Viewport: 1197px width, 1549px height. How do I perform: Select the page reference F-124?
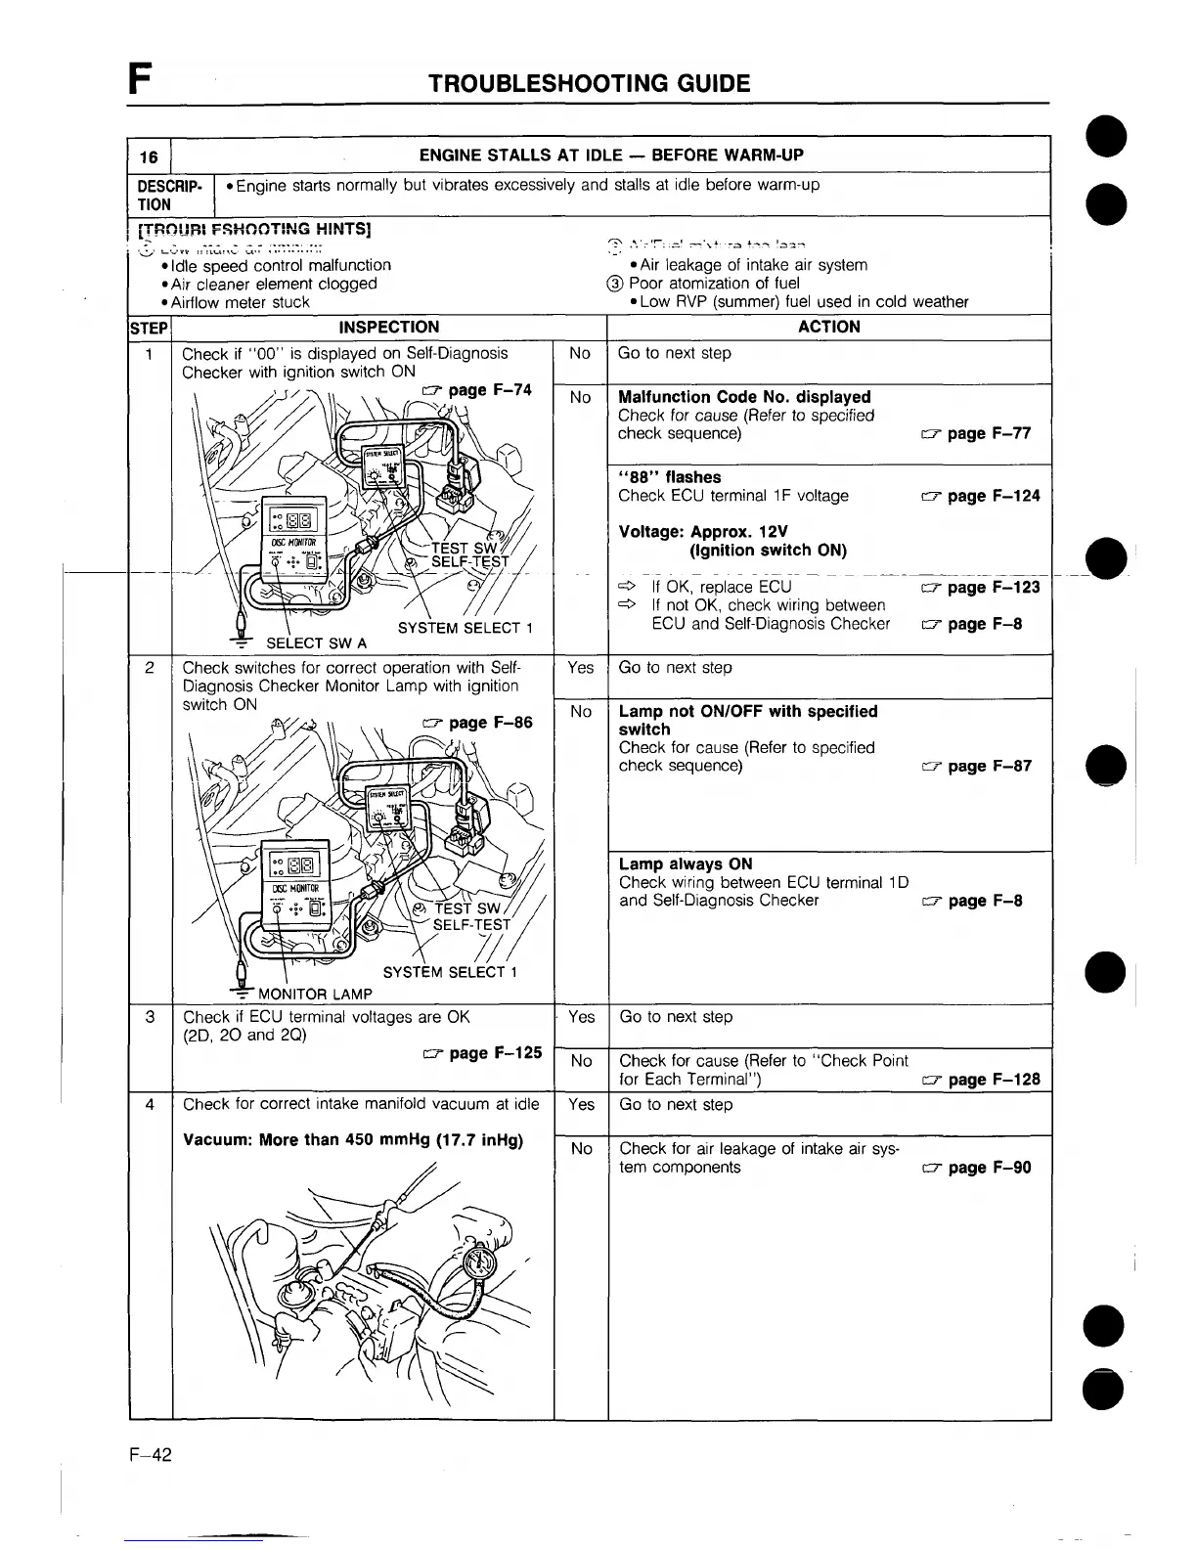point(981,496)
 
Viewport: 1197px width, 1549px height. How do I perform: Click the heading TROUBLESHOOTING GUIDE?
point(589,83)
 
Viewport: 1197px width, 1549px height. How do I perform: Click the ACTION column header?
point(828,327)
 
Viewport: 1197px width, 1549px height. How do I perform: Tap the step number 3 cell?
point(150,1017)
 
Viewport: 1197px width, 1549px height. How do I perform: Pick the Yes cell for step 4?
point(581,1105)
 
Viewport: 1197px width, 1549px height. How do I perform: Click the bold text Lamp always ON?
point(686,864)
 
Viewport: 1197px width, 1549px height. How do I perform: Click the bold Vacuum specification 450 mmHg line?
point(353,1141)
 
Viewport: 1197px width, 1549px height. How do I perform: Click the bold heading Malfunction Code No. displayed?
point(744,397)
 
